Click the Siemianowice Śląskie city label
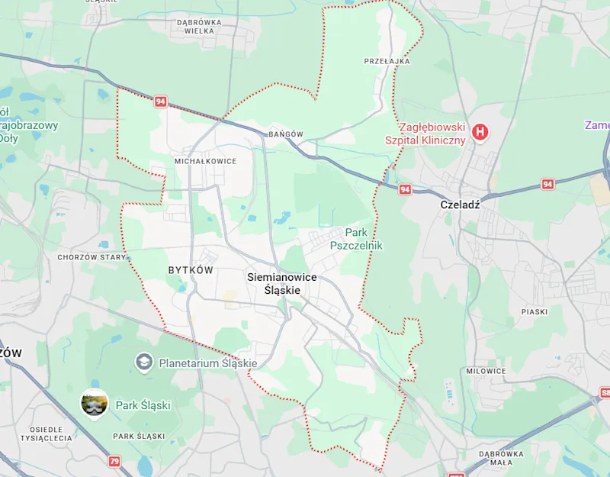coord(281,283)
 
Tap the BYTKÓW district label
coord(190,270)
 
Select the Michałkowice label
coord(205,161)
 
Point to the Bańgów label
coord(286,134)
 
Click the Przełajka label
coord(387,60)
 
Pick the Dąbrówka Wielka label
coord(199,27)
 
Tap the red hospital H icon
coord(480,133)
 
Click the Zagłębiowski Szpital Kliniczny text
coord(432,134)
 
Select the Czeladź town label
coord(460,205)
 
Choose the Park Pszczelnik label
coord(356,239)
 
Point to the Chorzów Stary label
coord(91,257)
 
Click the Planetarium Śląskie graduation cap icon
coord(143,360)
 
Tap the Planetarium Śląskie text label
coord(207,363)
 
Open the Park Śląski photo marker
coord(94,404)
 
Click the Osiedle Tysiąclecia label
coord(47,433)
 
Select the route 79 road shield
coord(114,461)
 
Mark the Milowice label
coord(486,371)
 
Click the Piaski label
coord(535,311)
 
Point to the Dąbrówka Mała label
coord(500,458)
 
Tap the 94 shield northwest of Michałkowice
coord(160,102)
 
